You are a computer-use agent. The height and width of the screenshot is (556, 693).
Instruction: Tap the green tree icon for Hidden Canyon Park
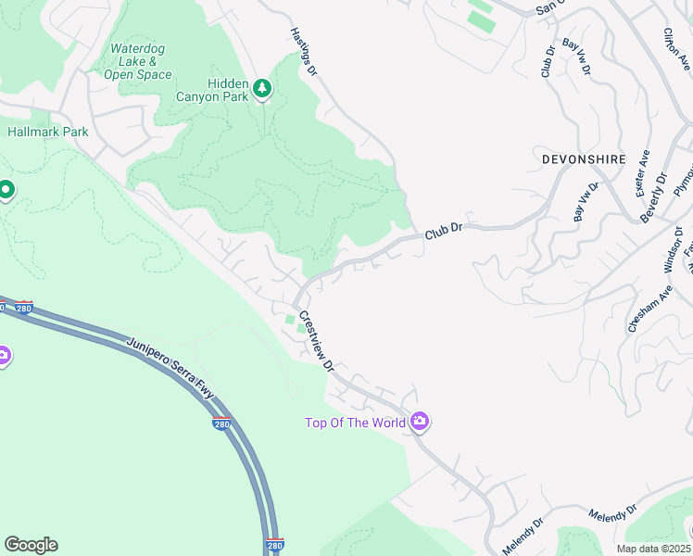point(264,88)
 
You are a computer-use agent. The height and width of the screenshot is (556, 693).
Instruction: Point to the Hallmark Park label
point(48,132)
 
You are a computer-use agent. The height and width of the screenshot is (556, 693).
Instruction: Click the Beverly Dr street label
point(654,197)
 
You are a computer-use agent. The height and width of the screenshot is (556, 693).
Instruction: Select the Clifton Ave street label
point(676,48)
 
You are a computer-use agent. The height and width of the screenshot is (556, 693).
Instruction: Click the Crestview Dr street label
point(315,340)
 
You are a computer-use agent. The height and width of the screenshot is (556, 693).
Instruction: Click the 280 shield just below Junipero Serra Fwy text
point(221,424)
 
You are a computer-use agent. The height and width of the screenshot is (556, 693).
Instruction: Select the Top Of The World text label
point(356,423)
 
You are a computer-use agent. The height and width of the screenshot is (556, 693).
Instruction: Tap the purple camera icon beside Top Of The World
point(420,423)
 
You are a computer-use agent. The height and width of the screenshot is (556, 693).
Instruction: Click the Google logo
point(31,545)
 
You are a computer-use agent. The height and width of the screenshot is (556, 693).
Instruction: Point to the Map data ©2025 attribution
point(652,549)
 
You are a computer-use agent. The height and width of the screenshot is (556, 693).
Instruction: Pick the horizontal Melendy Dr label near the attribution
point(612,512)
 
